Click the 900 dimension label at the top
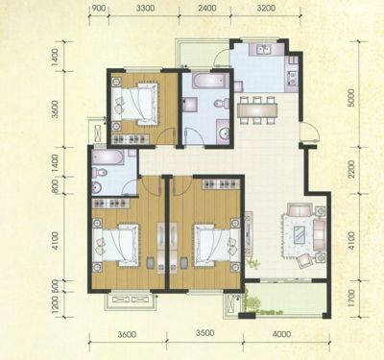coord(99,8)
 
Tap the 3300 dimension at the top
coord(145,8)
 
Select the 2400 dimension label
coord(207,8)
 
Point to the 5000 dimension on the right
coord(351,98)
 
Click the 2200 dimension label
coord(351,169)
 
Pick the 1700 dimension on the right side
coord(351,299)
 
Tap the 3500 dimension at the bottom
coord(205,333)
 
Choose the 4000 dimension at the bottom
coord(282,334)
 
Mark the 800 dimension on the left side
coord(55,185)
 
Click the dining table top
coord(256,110)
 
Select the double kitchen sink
coord(265,50)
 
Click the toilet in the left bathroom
coord(99,173)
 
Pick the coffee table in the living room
coord(300,235)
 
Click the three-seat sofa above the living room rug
coord(300,210)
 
